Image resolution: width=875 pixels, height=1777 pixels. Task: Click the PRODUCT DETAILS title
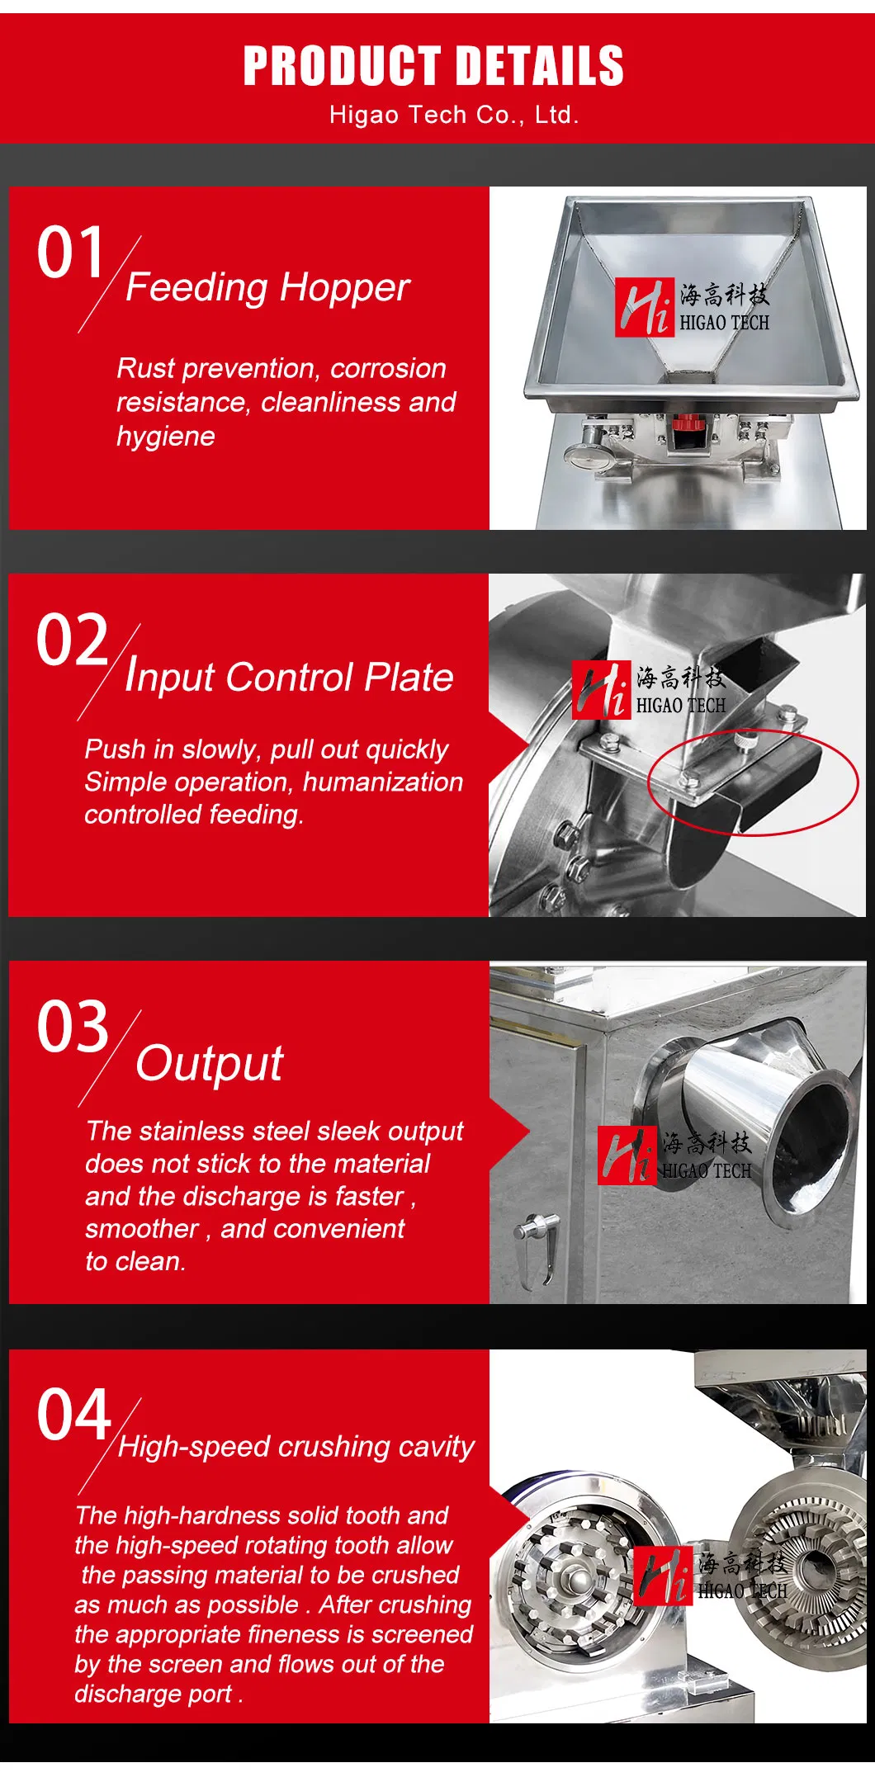tap(433, 66)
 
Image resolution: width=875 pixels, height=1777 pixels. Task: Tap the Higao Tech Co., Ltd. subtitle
tap(453, 115)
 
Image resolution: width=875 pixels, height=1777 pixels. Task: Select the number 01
tap(70, 253)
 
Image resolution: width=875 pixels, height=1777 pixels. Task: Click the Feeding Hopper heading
tap(267, 287)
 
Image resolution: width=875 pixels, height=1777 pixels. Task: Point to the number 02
tap(72, 640)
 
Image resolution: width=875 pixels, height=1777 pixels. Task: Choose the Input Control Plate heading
tap(289, 677)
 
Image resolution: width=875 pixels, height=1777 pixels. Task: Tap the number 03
tap(73, 1027)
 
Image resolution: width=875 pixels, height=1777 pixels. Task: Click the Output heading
tap(210, 1063)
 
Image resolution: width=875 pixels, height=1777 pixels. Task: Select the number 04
tap(73, 1415)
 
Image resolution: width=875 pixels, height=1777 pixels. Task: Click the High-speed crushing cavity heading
tap(296, 1447)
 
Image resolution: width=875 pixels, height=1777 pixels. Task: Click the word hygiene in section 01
tap(166, 437)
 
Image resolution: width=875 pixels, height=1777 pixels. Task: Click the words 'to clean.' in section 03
tap(135, 1262)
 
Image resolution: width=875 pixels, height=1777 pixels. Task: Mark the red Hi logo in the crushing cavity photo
tap(663, 1576)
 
